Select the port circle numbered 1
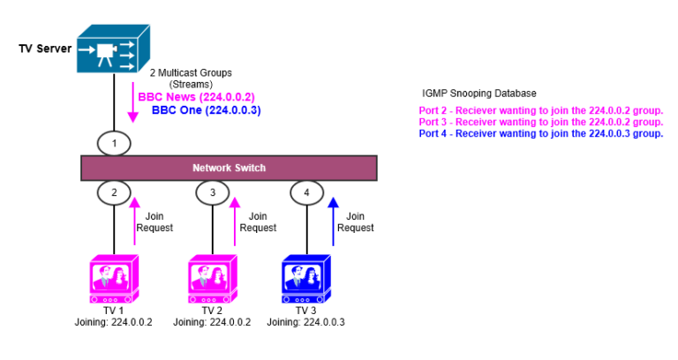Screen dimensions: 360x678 coord(113,142)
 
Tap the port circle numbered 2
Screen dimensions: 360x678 coord(113,192)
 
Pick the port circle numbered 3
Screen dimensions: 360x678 coord(212,192)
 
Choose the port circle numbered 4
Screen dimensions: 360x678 coord(306,192)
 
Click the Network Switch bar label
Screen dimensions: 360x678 coord(229,168)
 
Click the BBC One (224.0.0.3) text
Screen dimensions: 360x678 coord(206,110)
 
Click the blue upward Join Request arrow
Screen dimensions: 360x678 coord(333,221)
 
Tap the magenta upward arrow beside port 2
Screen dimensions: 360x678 coord(134,221)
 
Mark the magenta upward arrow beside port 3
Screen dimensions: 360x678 coord(234,221)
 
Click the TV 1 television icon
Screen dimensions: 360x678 coord(112,279)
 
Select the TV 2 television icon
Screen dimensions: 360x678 coord(212,279)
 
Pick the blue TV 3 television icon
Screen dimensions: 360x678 coord(306,279)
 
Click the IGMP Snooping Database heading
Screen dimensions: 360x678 coord(478,94)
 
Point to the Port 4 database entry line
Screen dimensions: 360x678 coord(540,133)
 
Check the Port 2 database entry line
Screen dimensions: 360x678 coord(540,109)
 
